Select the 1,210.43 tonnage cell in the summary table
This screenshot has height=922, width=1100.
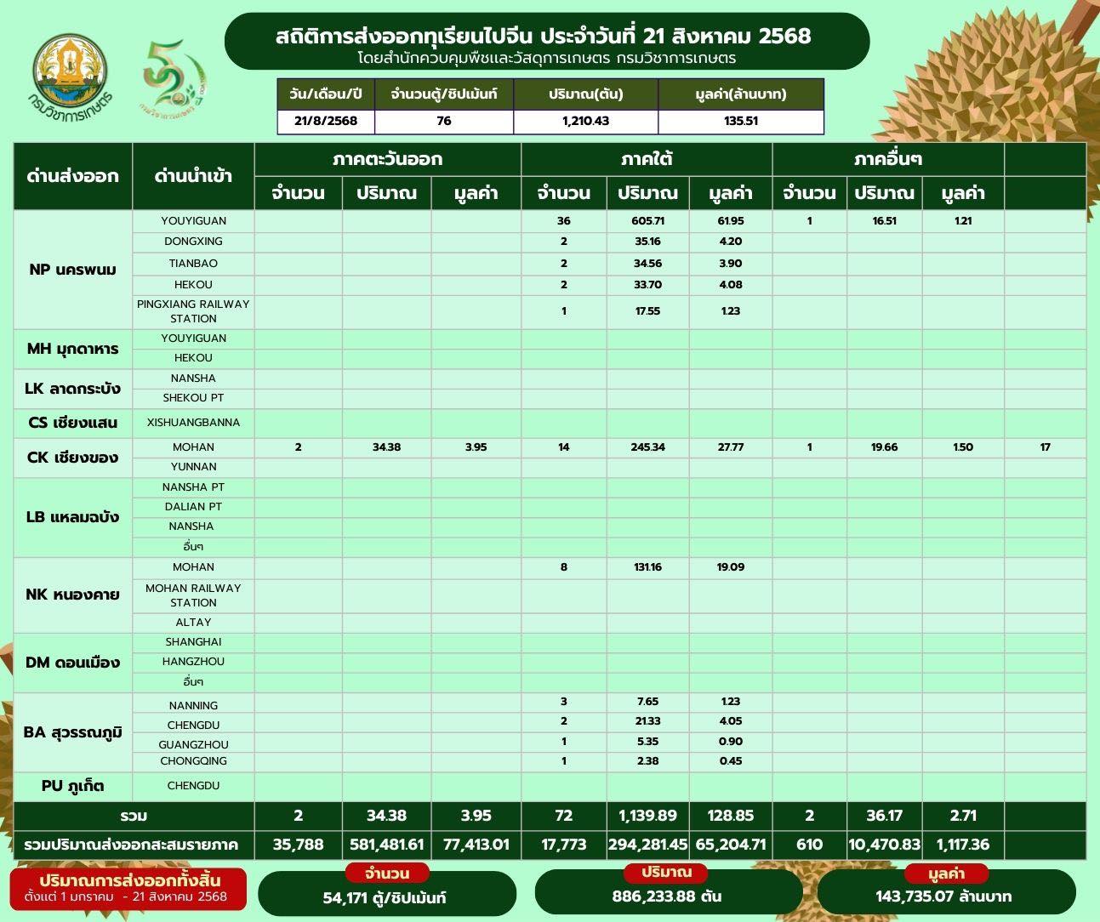[x=585, y=121]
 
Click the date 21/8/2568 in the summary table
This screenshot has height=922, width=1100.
[x=327, y=121]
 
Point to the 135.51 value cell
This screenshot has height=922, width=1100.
[x=741, y=121]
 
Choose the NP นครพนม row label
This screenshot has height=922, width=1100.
[x=72, y=270]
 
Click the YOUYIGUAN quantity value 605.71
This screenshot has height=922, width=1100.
[x=647, y=221]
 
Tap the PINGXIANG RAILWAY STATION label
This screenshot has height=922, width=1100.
[x=193, y=311]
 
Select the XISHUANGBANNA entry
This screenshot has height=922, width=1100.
[x=193, y=422]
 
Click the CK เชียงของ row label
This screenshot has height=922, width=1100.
[x=73, y=457]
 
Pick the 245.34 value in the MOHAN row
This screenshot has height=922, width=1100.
[x=647, y=447]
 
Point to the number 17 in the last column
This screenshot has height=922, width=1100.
[x=1045, y=447]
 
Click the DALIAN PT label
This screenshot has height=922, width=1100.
[x=193, y=507]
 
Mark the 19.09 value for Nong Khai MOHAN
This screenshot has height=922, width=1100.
[x=730, y=567]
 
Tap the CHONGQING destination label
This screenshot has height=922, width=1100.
[x=193, y=761]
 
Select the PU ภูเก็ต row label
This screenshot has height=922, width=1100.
[x=73, y=785]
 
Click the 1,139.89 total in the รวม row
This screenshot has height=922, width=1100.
[x=647, y=816]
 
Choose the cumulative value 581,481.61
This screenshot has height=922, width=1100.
[x=386, y=845]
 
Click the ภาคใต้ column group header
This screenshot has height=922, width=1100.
[x=647, y=159]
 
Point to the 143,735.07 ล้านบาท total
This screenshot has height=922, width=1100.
[x=943, y=896]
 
